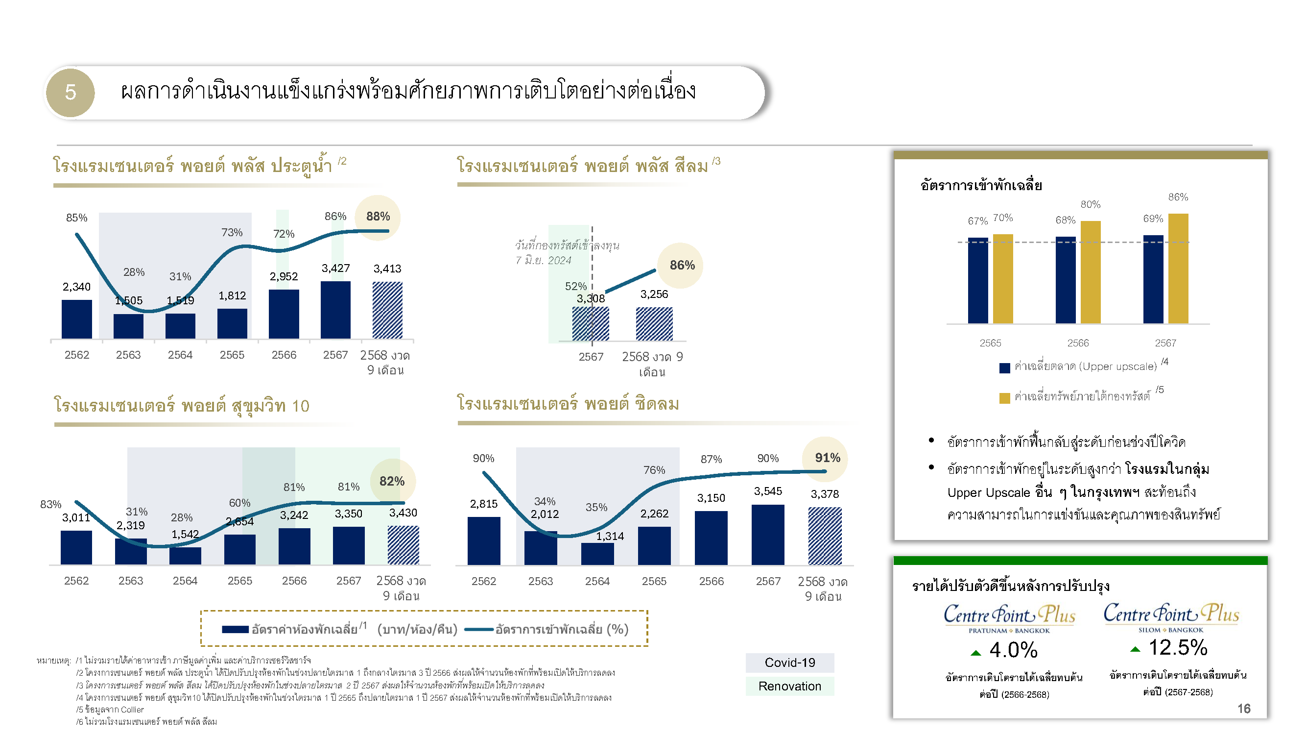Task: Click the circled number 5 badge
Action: (70, 93)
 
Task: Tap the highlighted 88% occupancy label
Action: (378, 217)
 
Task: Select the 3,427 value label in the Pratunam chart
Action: (335, 268)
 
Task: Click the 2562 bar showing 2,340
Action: (76, 319)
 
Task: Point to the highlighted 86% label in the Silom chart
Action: (682, 265)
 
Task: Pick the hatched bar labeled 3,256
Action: (654, 323)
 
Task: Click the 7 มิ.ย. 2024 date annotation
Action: (543, 261)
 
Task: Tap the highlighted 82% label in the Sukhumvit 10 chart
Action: (392, 481)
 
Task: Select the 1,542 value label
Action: (185, 534)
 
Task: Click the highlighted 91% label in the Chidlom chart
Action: (828, 458)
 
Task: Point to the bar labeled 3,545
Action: (767, 535)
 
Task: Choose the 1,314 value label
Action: (610, 536)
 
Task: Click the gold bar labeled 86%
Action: (1178, 269)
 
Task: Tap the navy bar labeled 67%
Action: (977, 280)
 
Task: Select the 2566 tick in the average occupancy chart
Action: (1077, 343)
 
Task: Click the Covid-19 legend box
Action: (789, 662)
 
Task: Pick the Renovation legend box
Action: (789, 686)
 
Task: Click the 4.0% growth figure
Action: (1013, 650)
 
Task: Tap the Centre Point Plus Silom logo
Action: (1171, 618)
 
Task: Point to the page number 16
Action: (1244, 709)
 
